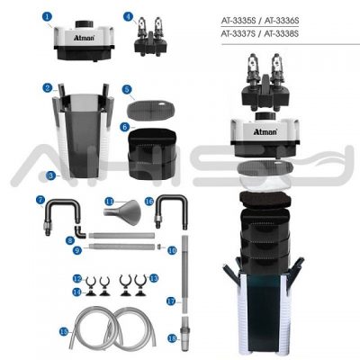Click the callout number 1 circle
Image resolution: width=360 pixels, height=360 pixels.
(46, 14)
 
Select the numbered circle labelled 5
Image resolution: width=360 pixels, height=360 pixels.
(127, 89)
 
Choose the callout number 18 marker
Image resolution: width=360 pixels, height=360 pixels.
(171, 339)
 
